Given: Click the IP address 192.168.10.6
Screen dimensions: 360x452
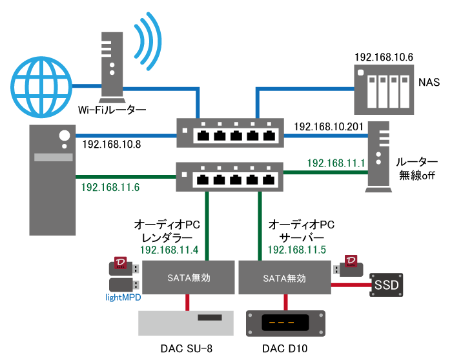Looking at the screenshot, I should [383, 57].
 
